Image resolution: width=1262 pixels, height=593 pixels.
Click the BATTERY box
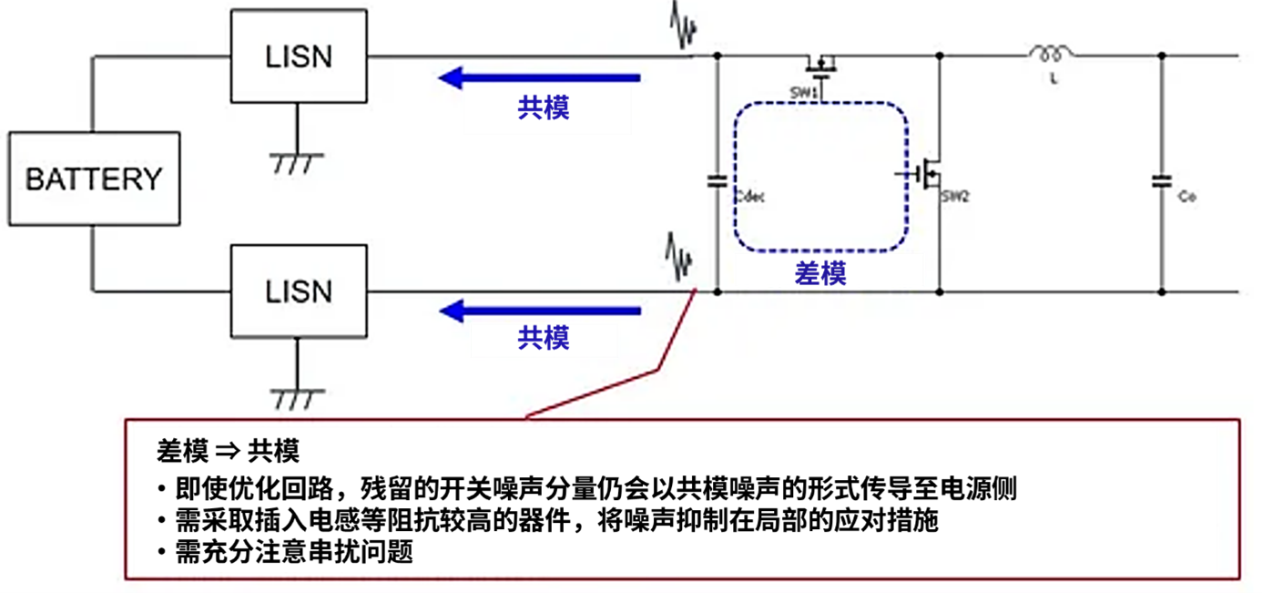tap(94, 179)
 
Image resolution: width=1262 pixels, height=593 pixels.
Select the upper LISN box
tap(299, 56)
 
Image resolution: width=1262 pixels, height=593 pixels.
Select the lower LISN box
tap(299, 291)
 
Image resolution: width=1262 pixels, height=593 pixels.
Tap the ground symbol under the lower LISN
tap(297, 399)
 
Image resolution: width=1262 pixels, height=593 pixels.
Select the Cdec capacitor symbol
tap(717, 181)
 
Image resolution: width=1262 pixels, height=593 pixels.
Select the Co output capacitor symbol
tap(1161, 181)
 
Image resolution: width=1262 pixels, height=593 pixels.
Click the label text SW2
tap(954, 196)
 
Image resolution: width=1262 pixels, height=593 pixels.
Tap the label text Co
tap(1186, 197)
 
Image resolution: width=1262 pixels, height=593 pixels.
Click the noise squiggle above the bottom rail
tap(678, 258)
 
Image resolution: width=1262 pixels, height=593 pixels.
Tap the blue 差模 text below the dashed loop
tap(820, 271)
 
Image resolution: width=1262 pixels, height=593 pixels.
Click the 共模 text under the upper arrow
tap(544, 107)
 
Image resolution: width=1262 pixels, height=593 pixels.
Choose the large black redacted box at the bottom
tap(675, 499)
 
